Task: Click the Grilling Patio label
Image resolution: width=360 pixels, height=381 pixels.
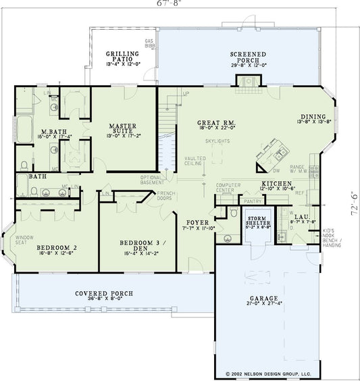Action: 122,57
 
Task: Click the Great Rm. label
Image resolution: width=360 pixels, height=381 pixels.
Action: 215,123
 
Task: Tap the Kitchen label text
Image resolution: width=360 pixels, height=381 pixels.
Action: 277,184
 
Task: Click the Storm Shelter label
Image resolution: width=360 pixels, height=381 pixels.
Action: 258,222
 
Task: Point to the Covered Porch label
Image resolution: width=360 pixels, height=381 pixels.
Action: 104,294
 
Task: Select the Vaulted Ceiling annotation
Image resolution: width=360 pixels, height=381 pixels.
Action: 195,161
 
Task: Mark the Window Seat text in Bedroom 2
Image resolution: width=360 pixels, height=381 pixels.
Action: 25,239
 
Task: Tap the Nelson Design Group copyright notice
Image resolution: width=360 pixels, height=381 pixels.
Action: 263,374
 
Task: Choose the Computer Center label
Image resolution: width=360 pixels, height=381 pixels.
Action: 229,187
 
